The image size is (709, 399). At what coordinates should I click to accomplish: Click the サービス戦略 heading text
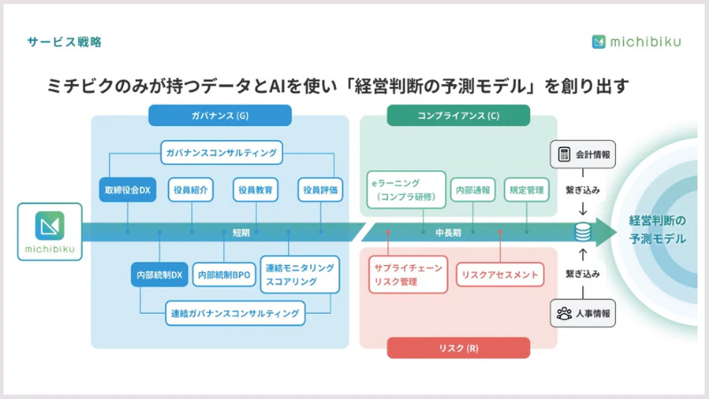pyautogui.click(x=64, y=42)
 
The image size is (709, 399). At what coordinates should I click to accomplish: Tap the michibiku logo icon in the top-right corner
pyautogui.click(x=598, y=42)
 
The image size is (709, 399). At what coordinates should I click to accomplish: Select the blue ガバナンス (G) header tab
pyautogui.click(x=220, y=115)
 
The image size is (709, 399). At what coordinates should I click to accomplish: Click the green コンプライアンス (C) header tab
pyautogui.click(x=458, y=115)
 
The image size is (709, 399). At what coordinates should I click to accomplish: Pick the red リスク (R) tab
pyautogui.click(x=458, y=348)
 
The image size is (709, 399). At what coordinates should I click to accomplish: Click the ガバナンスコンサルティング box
pyautogui.click(x=222, y=153)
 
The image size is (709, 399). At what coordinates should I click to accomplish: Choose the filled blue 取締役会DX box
pyautogui.click(x=128, y=190)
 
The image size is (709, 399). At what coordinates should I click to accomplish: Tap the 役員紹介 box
pyautogui.click(x=191, y=190)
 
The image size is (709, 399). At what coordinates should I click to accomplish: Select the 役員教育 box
pyautogui.click(x=255, y=190)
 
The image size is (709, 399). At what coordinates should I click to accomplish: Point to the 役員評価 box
pyautogui.click(x=320, y=190)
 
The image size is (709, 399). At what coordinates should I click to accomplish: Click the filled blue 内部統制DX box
pyautogui.click(x=160, y=275)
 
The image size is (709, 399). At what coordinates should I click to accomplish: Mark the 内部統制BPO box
pyautogui.click(x=224, y=275)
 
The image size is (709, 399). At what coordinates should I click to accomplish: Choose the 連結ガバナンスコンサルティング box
pyautogui.click(x=235, y=313)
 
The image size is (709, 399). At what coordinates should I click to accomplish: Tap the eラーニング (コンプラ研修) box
pyautogui.click(x=406, y=190)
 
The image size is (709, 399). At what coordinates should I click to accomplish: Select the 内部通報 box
pyautogui.click(x=473, y=190)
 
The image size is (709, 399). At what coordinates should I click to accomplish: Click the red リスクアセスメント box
pyautogui.click(x=500, y=275)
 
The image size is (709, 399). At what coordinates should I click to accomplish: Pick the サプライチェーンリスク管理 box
pyautogui.click(x=408, y=275)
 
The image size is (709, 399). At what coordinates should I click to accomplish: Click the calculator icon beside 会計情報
pyautogui.click(x=564, y=154)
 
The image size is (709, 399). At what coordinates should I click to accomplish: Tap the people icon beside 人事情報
pyautogui.click(x=564, y=313)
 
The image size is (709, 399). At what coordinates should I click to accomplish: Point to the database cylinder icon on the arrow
pyautogui.click(x=582, y=232)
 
